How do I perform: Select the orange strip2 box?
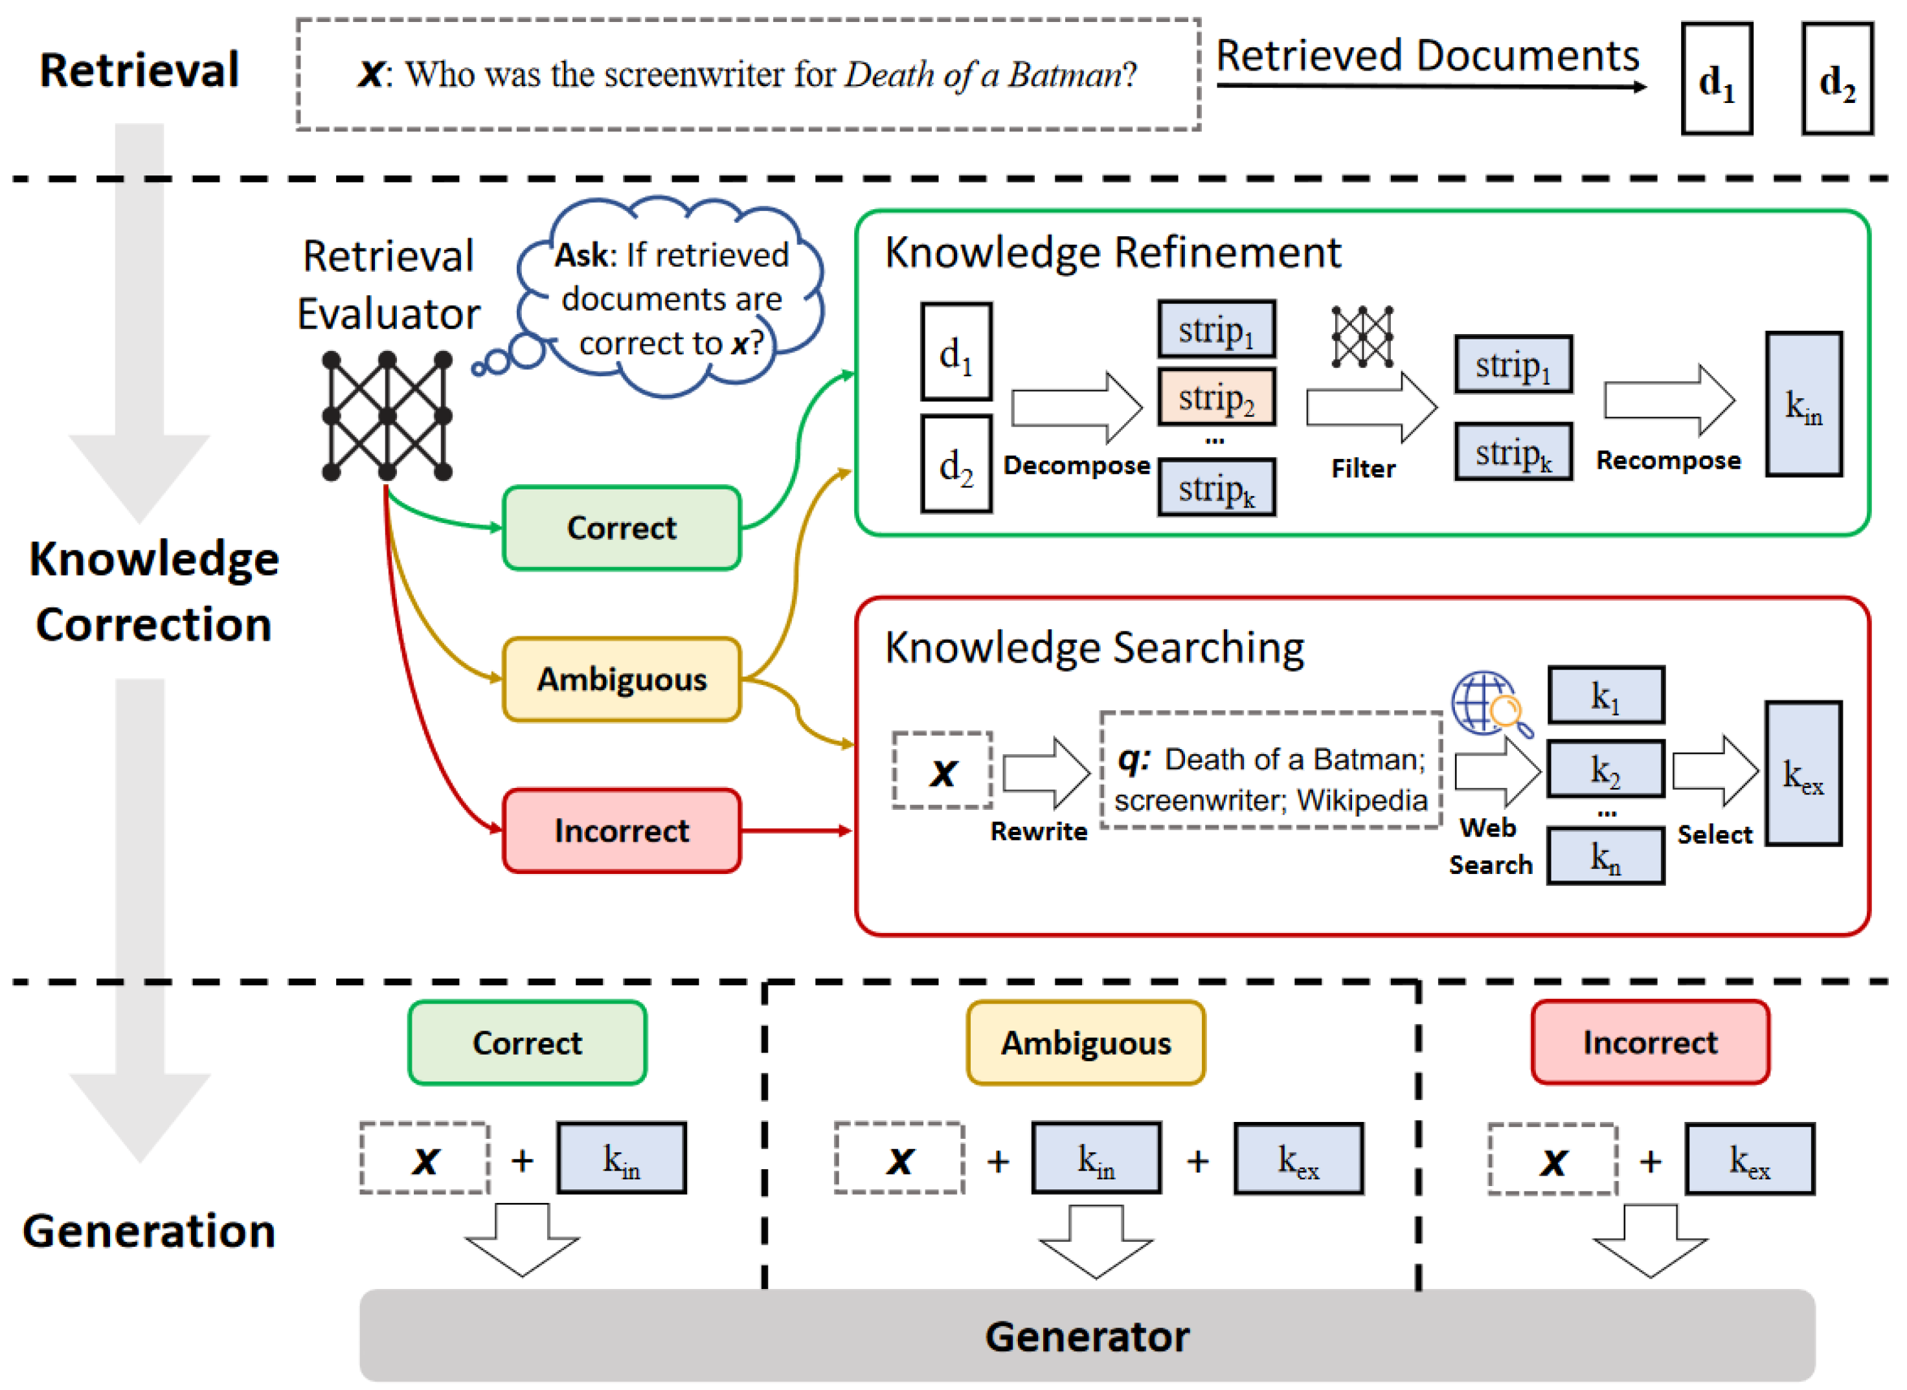pos(1216,397)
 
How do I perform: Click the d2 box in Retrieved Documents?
pos(1836,79)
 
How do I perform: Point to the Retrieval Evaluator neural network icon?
pos(387,416)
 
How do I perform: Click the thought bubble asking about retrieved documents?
pos(671,298)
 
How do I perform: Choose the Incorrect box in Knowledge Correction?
pos(621,831)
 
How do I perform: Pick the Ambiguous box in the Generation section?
pos(1086,1042)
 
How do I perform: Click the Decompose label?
pos(1076,465)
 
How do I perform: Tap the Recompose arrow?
pos(1668,401)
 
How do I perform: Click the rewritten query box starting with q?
pos(1270,770)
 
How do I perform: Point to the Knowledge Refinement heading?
pos(1112,252)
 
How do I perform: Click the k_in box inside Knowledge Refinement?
pos(1803,405)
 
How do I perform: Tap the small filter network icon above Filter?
pos(1362,337)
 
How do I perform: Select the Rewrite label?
pos(1039,831)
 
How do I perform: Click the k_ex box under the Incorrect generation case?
pos(1749,1159)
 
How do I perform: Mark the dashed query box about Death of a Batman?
pos(747,75)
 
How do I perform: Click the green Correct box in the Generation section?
pos(527,1042)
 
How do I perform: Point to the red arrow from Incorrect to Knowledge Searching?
pos(795,831)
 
